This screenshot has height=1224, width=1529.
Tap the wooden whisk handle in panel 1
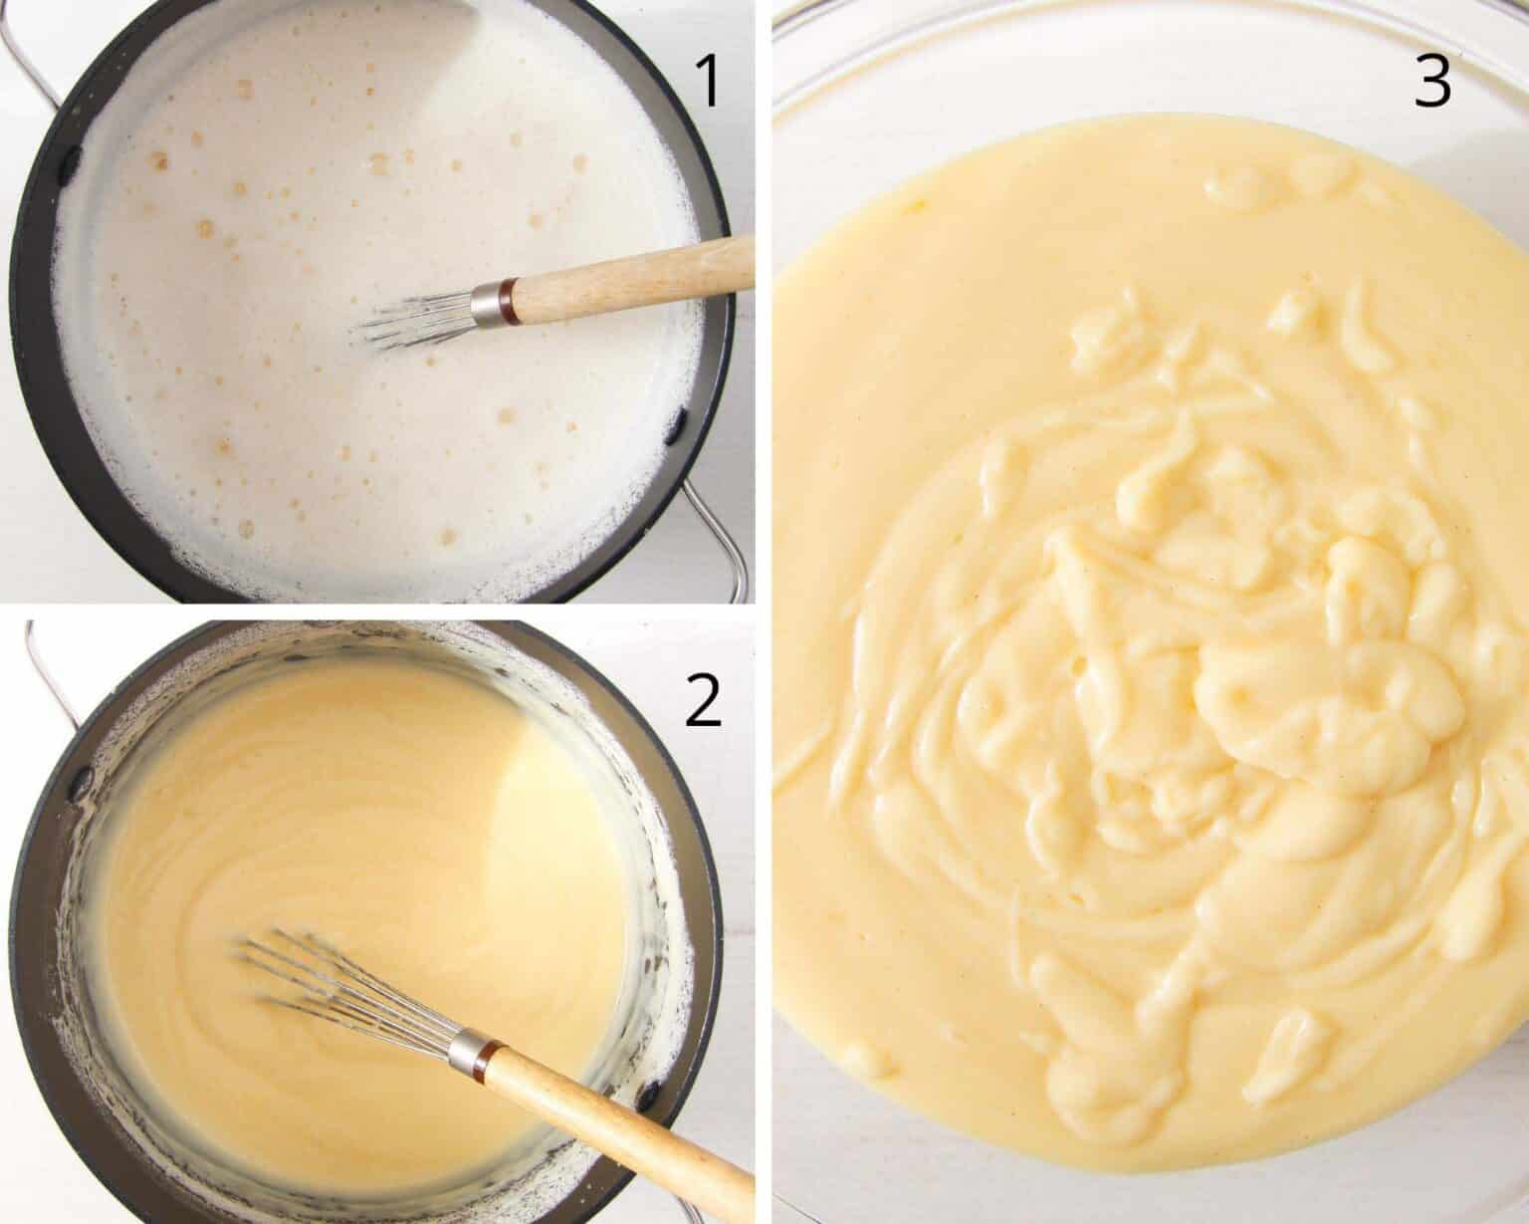pyautogui.click(x=637, y=279)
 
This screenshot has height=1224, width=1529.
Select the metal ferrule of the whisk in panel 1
pyautogui.click(x=488, y=302)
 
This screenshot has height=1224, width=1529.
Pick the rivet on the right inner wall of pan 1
pyautogui.click(x=681, y=424)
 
